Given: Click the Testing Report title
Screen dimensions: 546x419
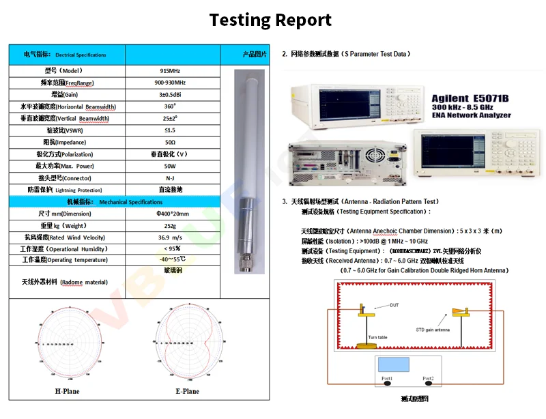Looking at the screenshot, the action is click(270, 20).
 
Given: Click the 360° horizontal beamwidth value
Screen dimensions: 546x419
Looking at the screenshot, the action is click(171, 106).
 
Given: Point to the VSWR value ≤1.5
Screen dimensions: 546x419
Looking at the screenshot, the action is click(171, 130).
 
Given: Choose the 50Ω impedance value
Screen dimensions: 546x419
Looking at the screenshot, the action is click(171, 142).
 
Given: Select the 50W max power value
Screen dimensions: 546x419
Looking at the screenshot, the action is click(171, 166).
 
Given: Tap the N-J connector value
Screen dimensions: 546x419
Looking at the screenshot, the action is click(171, 177).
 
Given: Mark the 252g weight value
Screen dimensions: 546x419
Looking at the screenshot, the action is click(171, 225).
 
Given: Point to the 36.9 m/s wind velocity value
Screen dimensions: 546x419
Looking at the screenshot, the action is click(171, 237).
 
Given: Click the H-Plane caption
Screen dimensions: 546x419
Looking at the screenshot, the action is click(67, 391).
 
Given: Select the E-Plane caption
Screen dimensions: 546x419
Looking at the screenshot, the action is click(187, 391).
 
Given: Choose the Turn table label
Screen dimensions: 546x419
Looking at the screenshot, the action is click(377, 337).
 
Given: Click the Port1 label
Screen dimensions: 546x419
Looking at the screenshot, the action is click(387, 378).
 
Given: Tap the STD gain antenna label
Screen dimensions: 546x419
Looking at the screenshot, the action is click(433, 330).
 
